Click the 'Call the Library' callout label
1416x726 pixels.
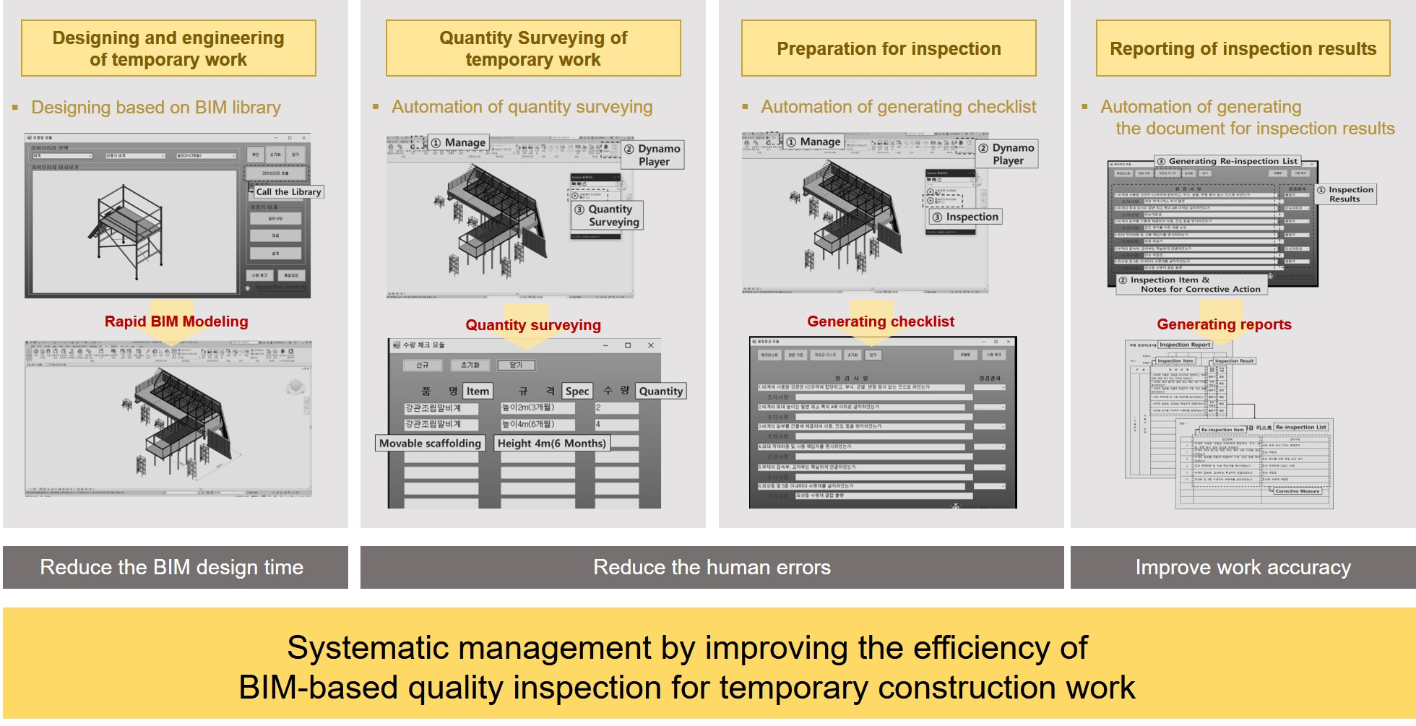point(288,192)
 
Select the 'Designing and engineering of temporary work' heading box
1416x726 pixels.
point(168,48)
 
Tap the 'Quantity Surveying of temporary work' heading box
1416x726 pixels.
point(533,48)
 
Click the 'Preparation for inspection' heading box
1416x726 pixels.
point(889,48)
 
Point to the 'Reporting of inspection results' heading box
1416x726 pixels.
point(1243,48)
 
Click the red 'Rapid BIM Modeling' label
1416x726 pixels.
point(176,321)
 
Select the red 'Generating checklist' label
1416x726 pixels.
point(881,321)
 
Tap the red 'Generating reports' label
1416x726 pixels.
point(1224,324)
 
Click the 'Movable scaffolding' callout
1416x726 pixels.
point(430,444)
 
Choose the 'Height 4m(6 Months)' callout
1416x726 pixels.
point(552,444)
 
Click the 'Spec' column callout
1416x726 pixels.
point(577,392)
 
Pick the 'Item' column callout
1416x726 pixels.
point(478,392)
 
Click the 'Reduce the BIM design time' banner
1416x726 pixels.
point(172,568)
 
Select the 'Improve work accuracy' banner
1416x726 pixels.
point(1243,568)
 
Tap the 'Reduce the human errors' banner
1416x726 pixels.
point(712,568)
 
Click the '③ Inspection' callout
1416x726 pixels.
point(965,217)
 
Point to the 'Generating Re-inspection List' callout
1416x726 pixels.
point(1227,161)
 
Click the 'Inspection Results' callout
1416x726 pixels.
point(1345,194)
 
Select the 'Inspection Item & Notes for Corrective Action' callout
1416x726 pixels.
point(1192,285)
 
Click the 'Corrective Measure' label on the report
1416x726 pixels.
point(1297,491)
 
